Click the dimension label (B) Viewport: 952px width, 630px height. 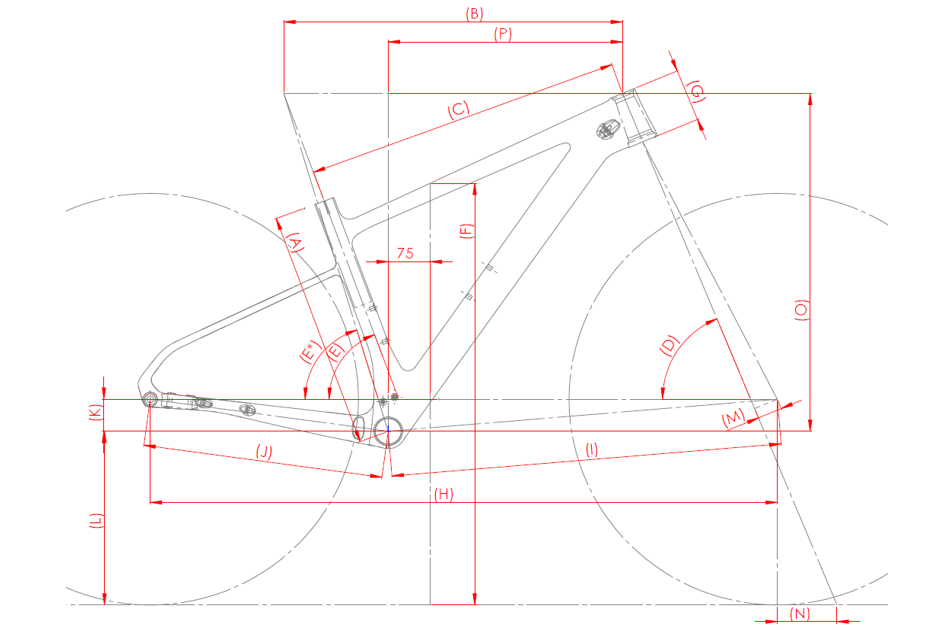474,13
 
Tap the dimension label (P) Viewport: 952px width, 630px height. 503,34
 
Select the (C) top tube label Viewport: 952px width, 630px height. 459,109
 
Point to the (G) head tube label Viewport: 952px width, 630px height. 696,92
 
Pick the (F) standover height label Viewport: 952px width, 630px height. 466,231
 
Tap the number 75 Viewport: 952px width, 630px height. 405,253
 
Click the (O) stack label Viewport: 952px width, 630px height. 801,310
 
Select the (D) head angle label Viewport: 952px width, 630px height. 668,345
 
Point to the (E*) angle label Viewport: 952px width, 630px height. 310,352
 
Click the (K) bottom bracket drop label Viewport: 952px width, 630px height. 95,413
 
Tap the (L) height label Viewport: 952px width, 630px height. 97,521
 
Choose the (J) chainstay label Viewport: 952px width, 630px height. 264,452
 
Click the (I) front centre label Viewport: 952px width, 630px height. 592,450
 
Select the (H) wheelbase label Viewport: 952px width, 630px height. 444,495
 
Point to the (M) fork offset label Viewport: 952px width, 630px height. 733,418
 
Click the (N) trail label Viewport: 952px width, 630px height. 800,614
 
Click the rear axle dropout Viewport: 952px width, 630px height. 149,399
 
